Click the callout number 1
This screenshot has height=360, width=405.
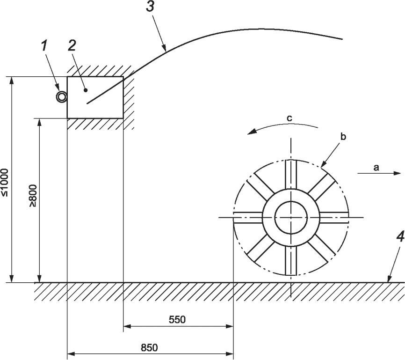coord(44,46)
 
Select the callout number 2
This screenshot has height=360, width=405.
coord(72,45)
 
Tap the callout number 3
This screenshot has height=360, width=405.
coord(150,7)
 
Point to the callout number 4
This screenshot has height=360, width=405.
coord(400,237)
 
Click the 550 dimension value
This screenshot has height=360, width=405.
coord(177,320)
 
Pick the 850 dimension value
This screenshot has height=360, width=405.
coord(149,347)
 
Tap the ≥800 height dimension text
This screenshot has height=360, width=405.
coord(33,196)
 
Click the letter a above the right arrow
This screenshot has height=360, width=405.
coord(376,168)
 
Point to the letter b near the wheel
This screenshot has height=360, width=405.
coord(343,137)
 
